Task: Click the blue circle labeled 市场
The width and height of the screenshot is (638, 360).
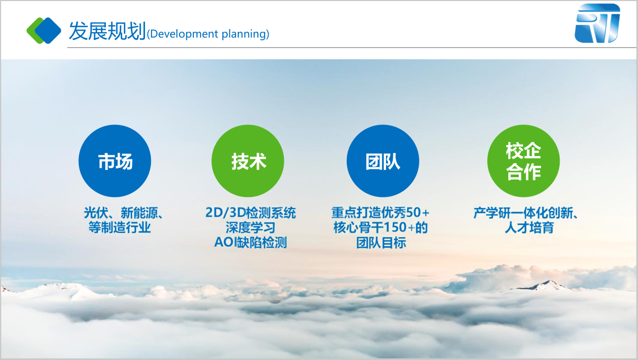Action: pos(115,161)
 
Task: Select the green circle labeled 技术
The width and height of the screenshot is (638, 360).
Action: pos(248,161)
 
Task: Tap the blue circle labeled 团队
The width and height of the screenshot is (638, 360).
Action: pos(383,161)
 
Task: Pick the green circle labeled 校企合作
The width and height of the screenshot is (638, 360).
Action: pos(524,161)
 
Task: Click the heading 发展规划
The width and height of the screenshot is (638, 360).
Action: pos(107,31)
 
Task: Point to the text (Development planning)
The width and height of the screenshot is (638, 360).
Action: pos(208,34)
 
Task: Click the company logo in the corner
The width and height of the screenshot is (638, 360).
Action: pos(597,23)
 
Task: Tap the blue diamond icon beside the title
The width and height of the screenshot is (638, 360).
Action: pos(48,31)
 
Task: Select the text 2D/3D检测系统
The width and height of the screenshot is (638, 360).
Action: pos(250,213)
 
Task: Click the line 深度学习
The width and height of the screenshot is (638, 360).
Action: pos(250,228)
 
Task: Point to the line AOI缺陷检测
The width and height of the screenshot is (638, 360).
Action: pos(250,242)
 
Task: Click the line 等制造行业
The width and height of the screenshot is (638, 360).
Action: pos(120,228)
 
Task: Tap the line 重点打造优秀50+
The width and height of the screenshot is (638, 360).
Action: pos(381,213)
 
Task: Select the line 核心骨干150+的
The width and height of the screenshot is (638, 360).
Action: pos(381,228)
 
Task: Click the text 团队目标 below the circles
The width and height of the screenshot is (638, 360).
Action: pos(381,242)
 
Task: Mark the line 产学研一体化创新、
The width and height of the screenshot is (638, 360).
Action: pos(526,213)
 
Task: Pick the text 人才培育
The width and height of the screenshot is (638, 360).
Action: pos(529,228)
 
